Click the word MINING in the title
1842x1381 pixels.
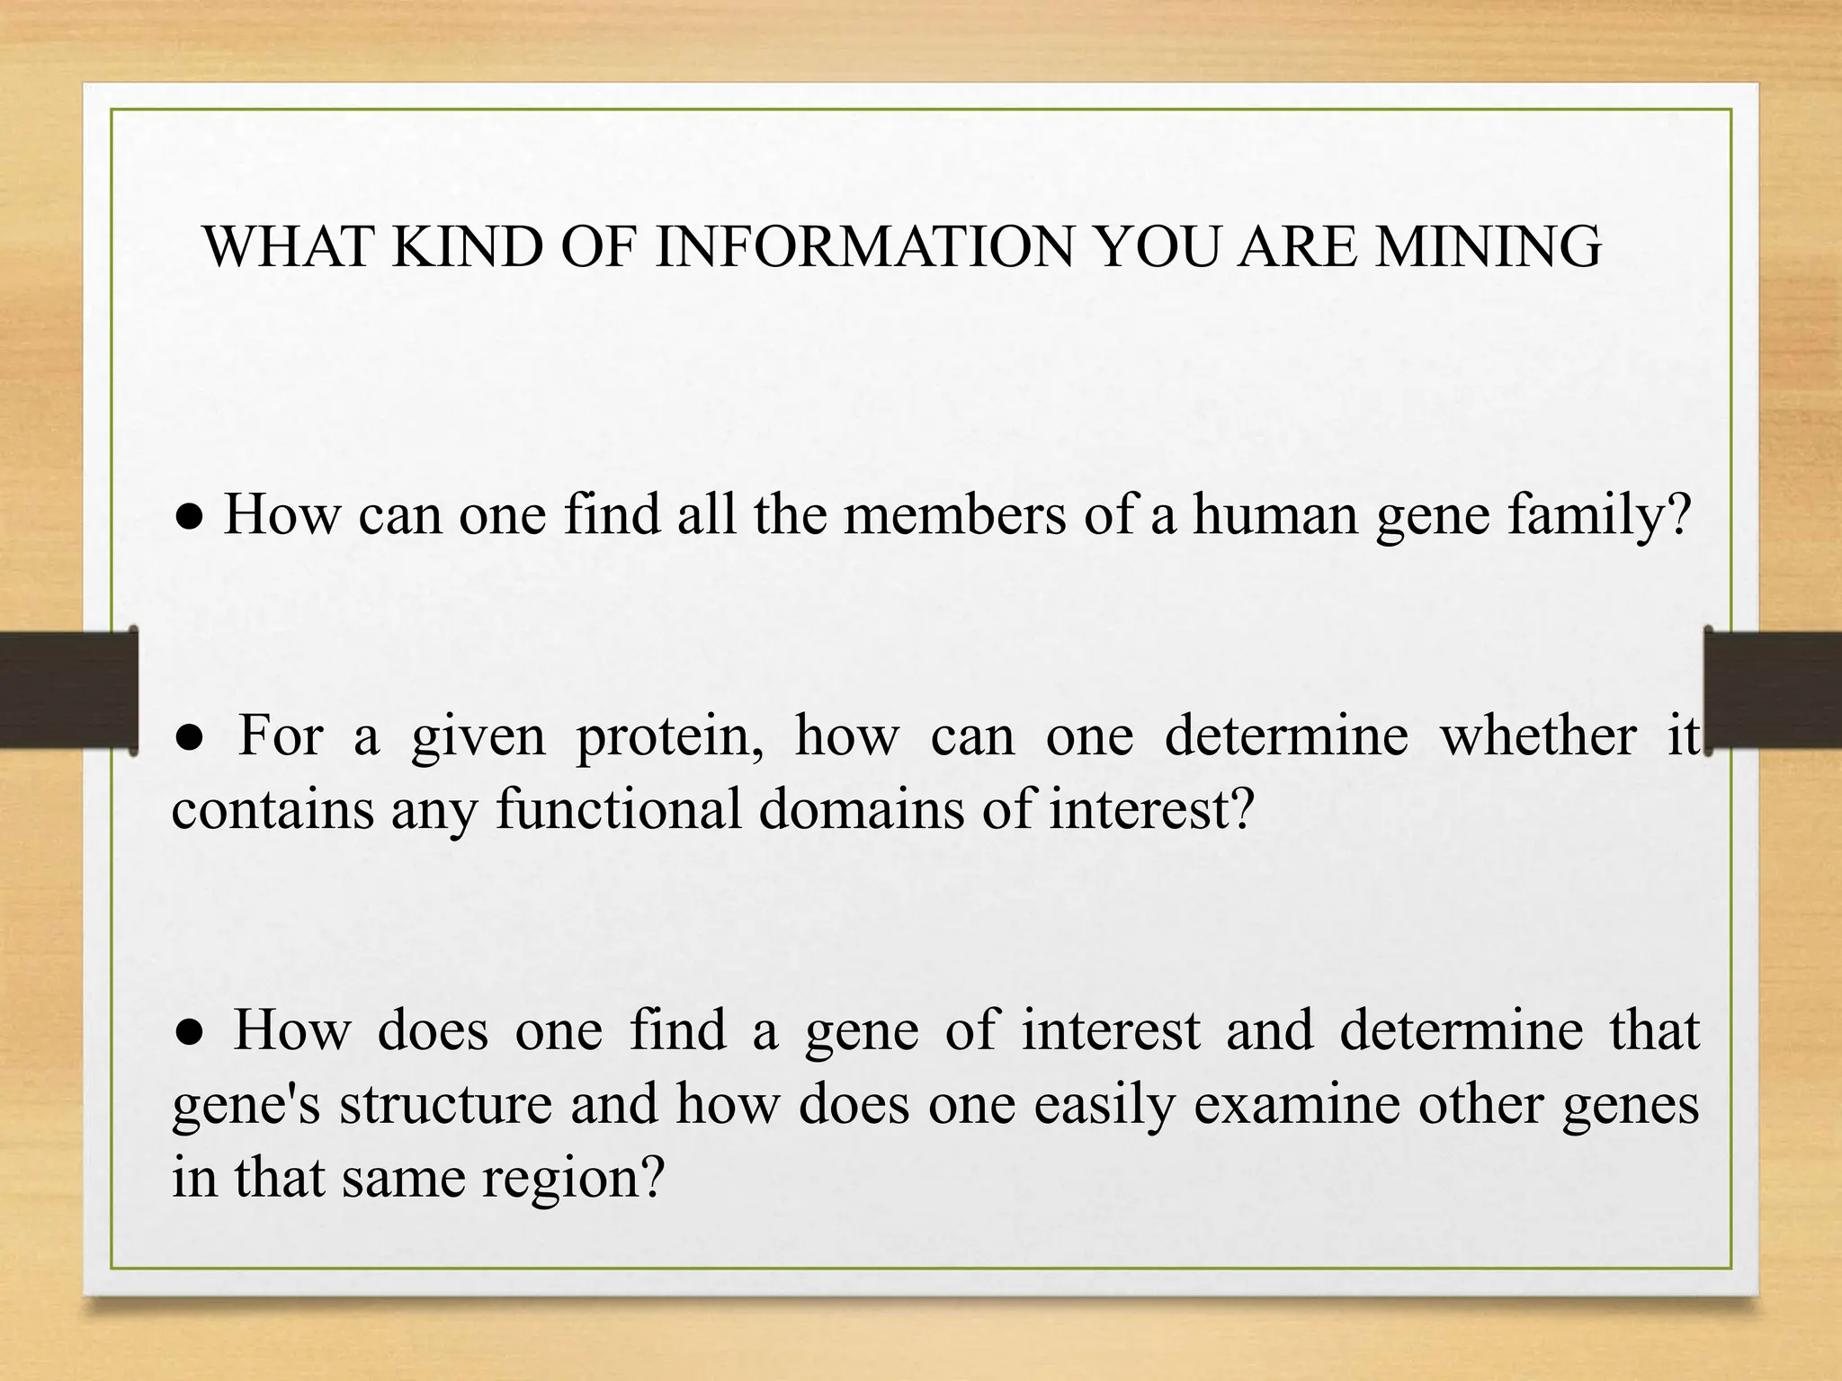click(x=1489, y=247)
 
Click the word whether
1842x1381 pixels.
click(x=1538, y=735)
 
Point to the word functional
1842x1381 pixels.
click(x=619, y=807)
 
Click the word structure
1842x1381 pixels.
click(x=445, y=1104)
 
